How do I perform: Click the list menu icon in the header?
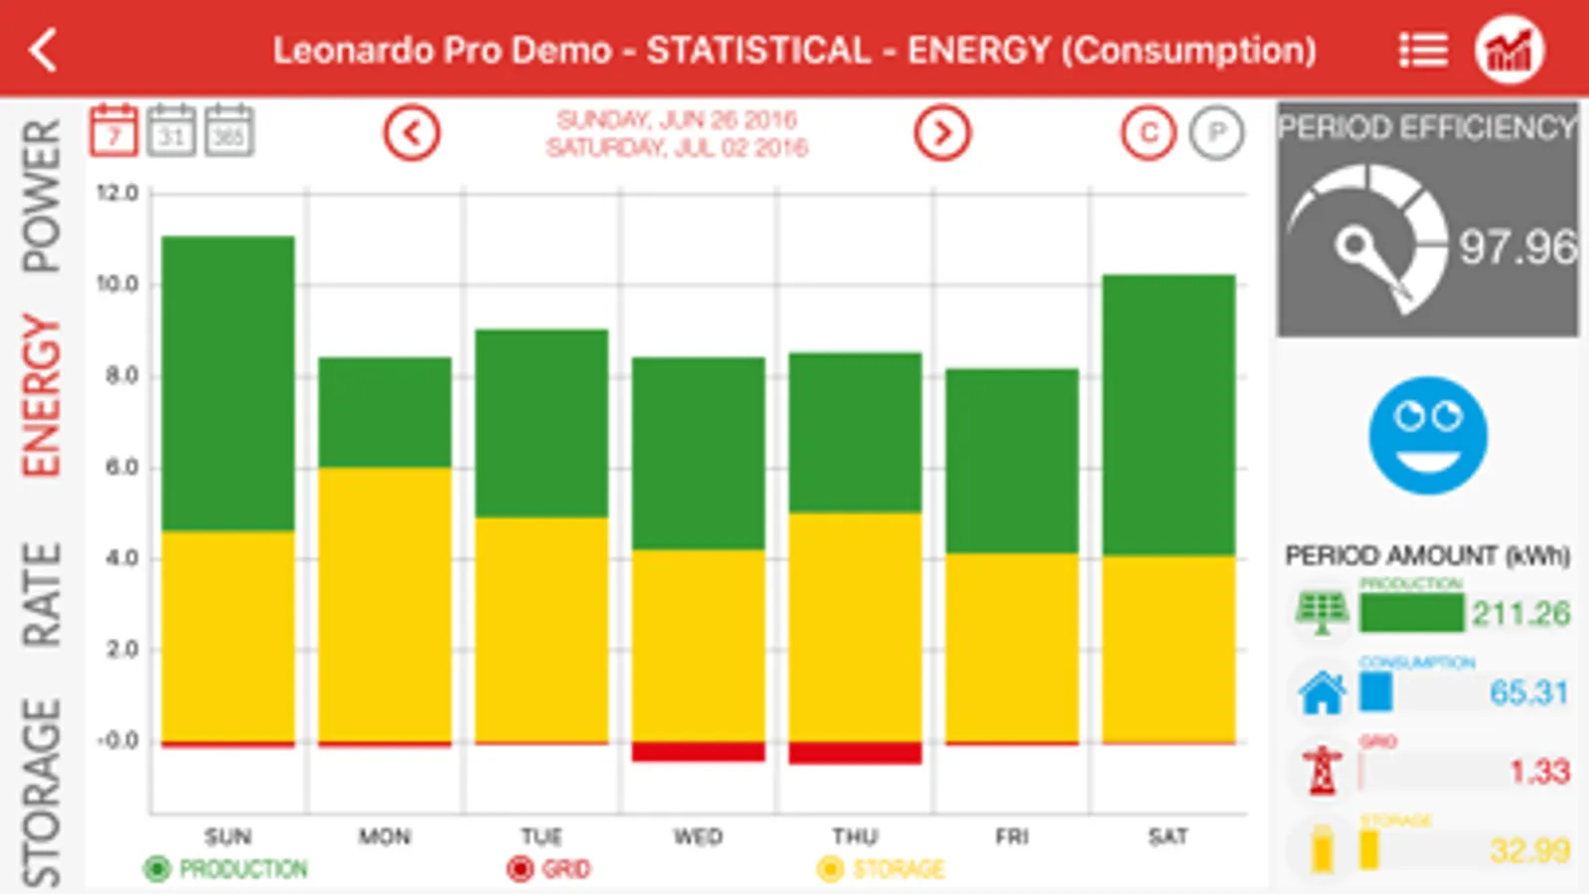(x=1423, y=50)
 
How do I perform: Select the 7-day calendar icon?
(x=113, y=131)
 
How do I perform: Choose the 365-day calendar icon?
(x=229, y=131)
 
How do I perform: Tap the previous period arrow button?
(x=411, y=132)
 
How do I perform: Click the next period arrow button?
(x=941, y=132)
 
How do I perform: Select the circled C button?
(x=1149, y=132)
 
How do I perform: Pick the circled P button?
(x=1216, y=132)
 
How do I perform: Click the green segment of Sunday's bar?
(x=228, y=382)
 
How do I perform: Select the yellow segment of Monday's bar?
(x=385, y=604)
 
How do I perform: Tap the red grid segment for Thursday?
(x=855, y=753)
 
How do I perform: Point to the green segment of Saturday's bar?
(x=1169, y=414)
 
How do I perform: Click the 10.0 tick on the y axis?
(x=117, y=284)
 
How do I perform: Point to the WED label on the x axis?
(x=698, y=836)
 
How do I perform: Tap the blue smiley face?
(x=1427, y=435)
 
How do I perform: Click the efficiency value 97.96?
(x=1516, y=247)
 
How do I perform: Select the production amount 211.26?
(x=1520, y=614)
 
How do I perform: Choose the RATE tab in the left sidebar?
(x=42, y=594)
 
